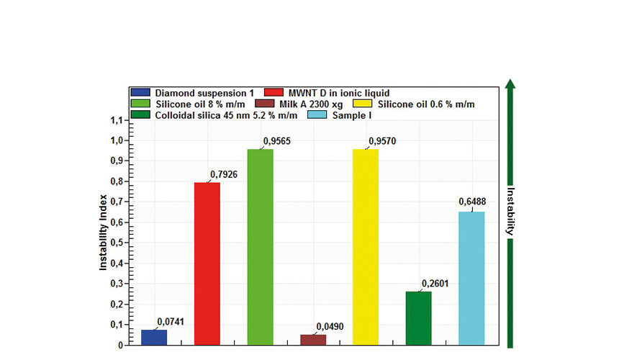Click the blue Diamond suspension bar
(154, 337)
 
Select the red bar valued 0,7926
(207, 264)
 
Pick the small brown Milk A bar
(312, 340)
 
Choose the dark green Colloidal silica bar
(418, 318)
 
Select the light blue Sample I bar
(471, 278)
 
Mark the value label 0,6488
(473, 202)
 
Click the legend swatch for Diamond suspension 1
(140, 93)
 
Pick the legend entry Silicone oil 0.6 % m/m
(422, 104)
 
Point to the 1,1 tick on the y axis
(115, 120)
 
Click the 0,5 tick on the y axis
(115, 243)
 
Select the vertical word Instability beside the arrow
(511, 212)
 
